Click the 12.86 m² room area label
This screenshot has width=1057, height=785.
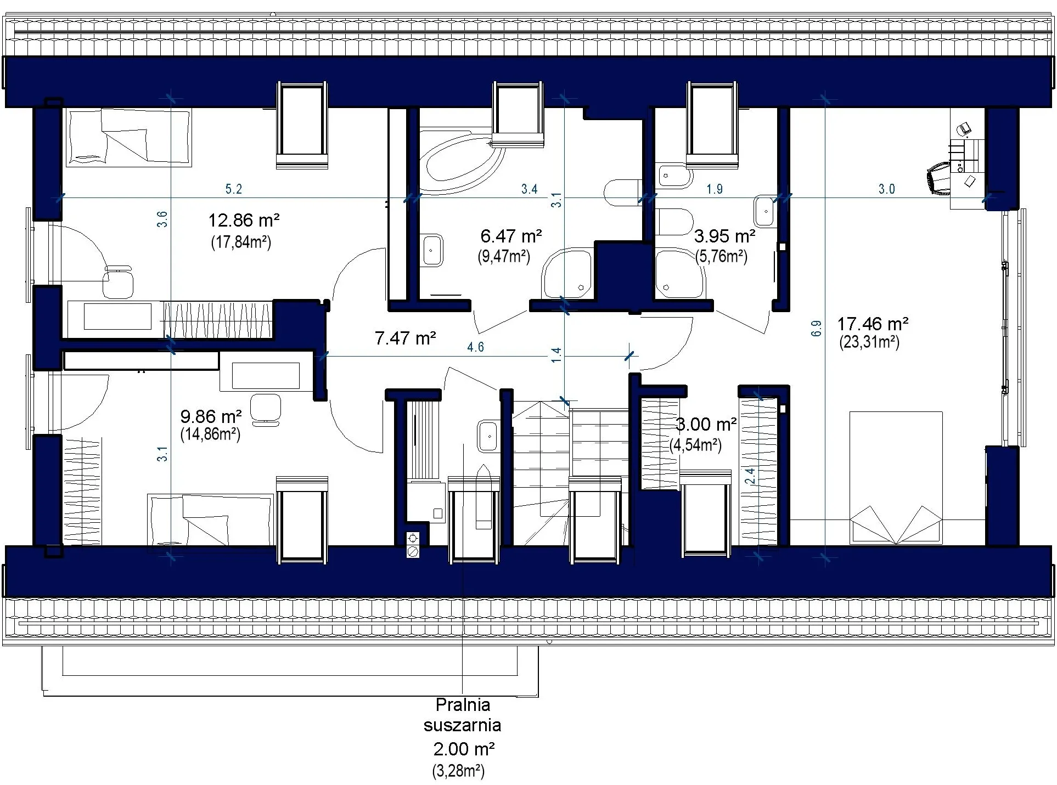click(244, 221)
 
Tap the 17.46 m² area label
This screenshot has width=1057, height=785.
click(873, 323)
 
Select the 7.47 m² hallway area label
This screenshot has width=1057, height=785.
click(405, 338)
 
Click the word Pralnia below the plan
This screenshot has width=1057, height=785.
click(463, 704)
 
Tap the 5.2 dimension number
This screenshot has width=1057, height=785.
click(233, 189)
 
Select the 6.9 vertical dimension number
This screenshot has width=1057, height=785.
click(816, 328)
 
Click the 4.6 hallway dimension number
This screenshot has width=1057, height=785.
click(475, 347)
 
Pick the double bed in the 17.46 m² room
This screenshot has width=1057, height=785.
click(896, 477)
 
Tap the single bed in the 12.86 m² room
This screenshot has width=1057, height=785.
click(128, 137)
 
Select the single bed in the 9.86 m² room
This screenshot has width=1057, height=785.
click(210, 519)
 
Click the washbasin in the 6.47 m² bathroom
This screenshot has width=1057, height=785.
click(432, 250)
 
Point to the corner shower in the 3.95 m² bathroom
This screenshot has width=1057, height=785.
click(681, 274)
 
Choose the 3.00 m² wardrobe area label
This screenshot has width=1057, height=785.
click(706, 424)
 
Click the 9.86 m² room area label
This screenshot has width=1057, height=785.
click(211, 416)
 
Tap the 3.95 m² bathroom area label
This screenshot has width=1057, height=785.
click(724, 236)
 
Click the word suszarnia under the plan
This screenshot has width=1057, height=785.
click(463, 725)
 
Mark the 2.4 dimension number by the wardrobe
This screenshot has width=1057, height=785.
click(750, 476)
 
